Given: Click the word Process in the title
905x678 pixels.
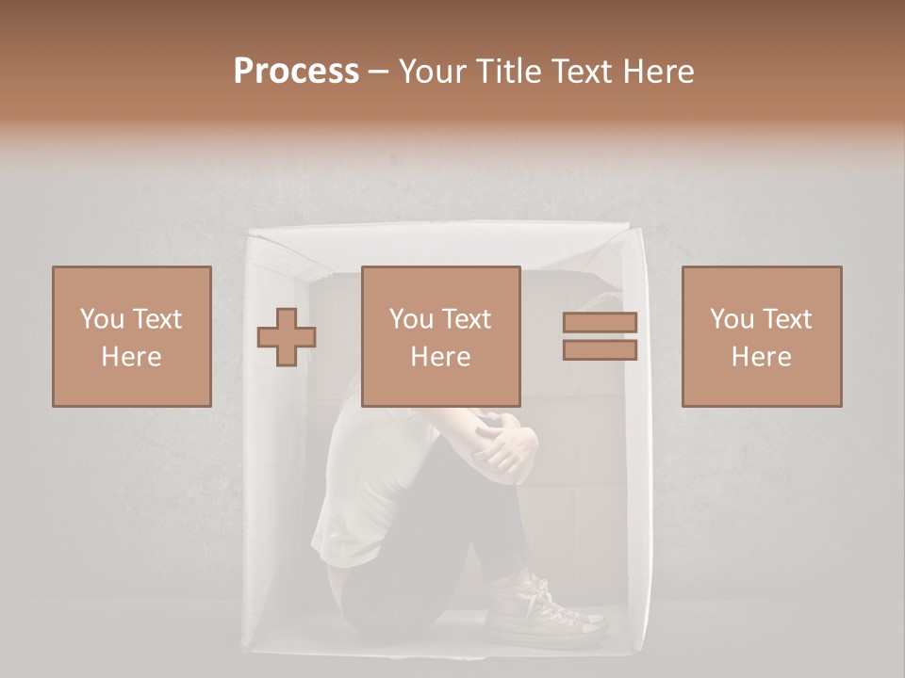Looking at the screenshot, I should click(x=296, y=72).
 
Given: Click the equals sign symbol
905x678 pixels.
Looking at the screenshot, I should click(x=600, y=336).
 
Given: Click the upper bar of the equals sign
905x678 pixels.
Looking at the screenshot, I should click(x=600, y=323).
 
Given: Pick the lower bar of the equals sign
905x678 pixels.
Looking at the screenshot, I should click(x=600, y=350).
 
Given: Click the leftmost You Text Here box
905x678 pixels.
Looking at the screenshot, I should click(x=131, y=336).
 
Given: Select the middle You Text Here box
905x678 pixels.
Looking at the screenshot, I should click(x=440, y=336).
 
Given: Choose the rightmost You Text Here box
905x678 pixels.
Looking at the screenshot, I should click(x=761, y=336).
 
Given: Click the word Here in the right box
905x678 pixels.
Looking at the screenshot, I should click(x=761, y=357).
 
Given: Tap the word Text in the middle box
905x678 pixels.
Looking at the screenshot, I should click(x=466, y=319).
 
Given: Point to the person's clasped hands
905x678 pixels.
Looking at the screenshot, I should click(x=504, y=447).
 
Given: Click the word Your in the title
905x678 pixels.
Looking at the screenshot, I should click(x=435, y=72).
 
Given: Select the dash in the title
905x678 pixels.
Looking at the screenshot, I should click(x=379, y=73).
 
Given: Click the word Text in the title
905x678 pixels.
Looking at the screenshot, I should click(x=579, y=72).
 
